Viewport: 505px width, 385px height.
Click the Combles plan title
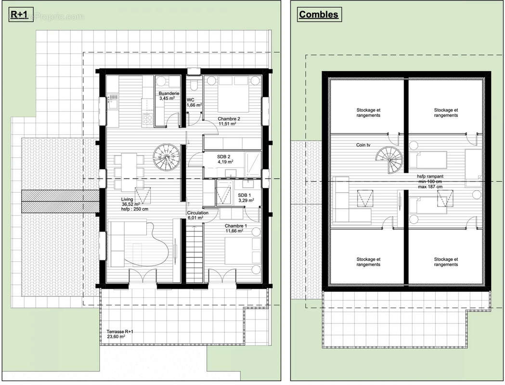[x=318, y=14]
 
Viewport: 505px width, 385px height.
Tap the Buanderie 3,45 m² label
[x=169, y=96]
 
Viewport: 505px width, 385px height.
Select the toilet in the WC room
[x=194, y=86]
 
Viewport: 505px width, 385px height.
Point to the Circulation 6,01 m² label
[x=198, y=215]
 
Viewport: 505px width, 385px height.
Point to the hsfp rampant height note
[x=429, y=181]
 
